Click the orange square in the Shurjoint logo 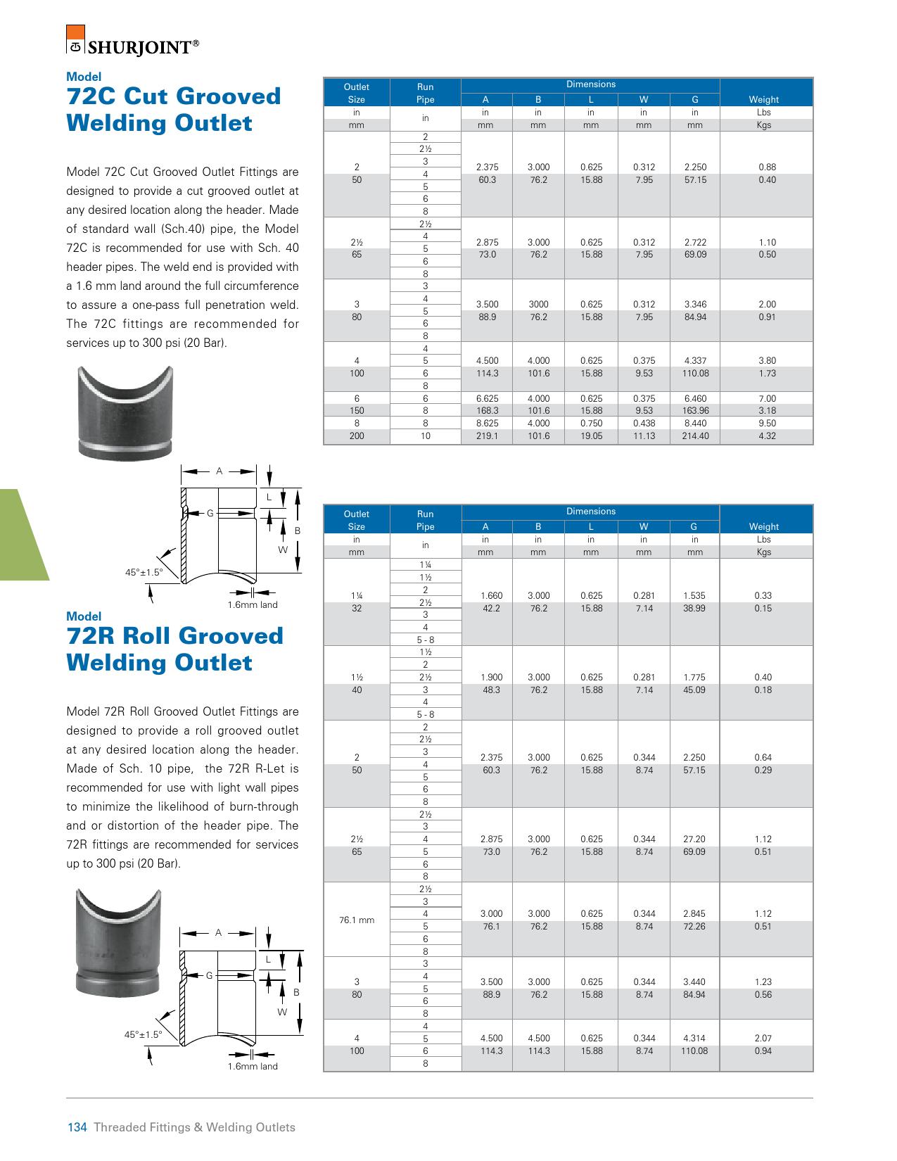75,33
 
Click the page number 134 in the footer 76,1127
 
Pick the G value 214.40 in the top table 695,436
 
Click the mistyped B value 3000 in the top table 538,305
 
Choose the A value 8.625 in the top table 487,424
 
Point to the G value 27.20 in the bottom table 695,839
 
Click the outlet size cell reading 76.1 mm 357,920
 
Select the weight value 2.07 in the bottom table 763,1039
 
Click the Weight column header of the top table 764,100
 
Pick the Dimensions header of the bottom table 591,512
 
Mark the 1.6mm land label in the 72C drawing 253,605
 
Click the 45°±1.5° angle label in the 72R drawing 144,1034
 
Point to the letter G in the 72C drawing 210,514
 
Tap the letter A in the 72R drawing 219,933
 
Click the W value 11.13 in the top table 644,436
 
